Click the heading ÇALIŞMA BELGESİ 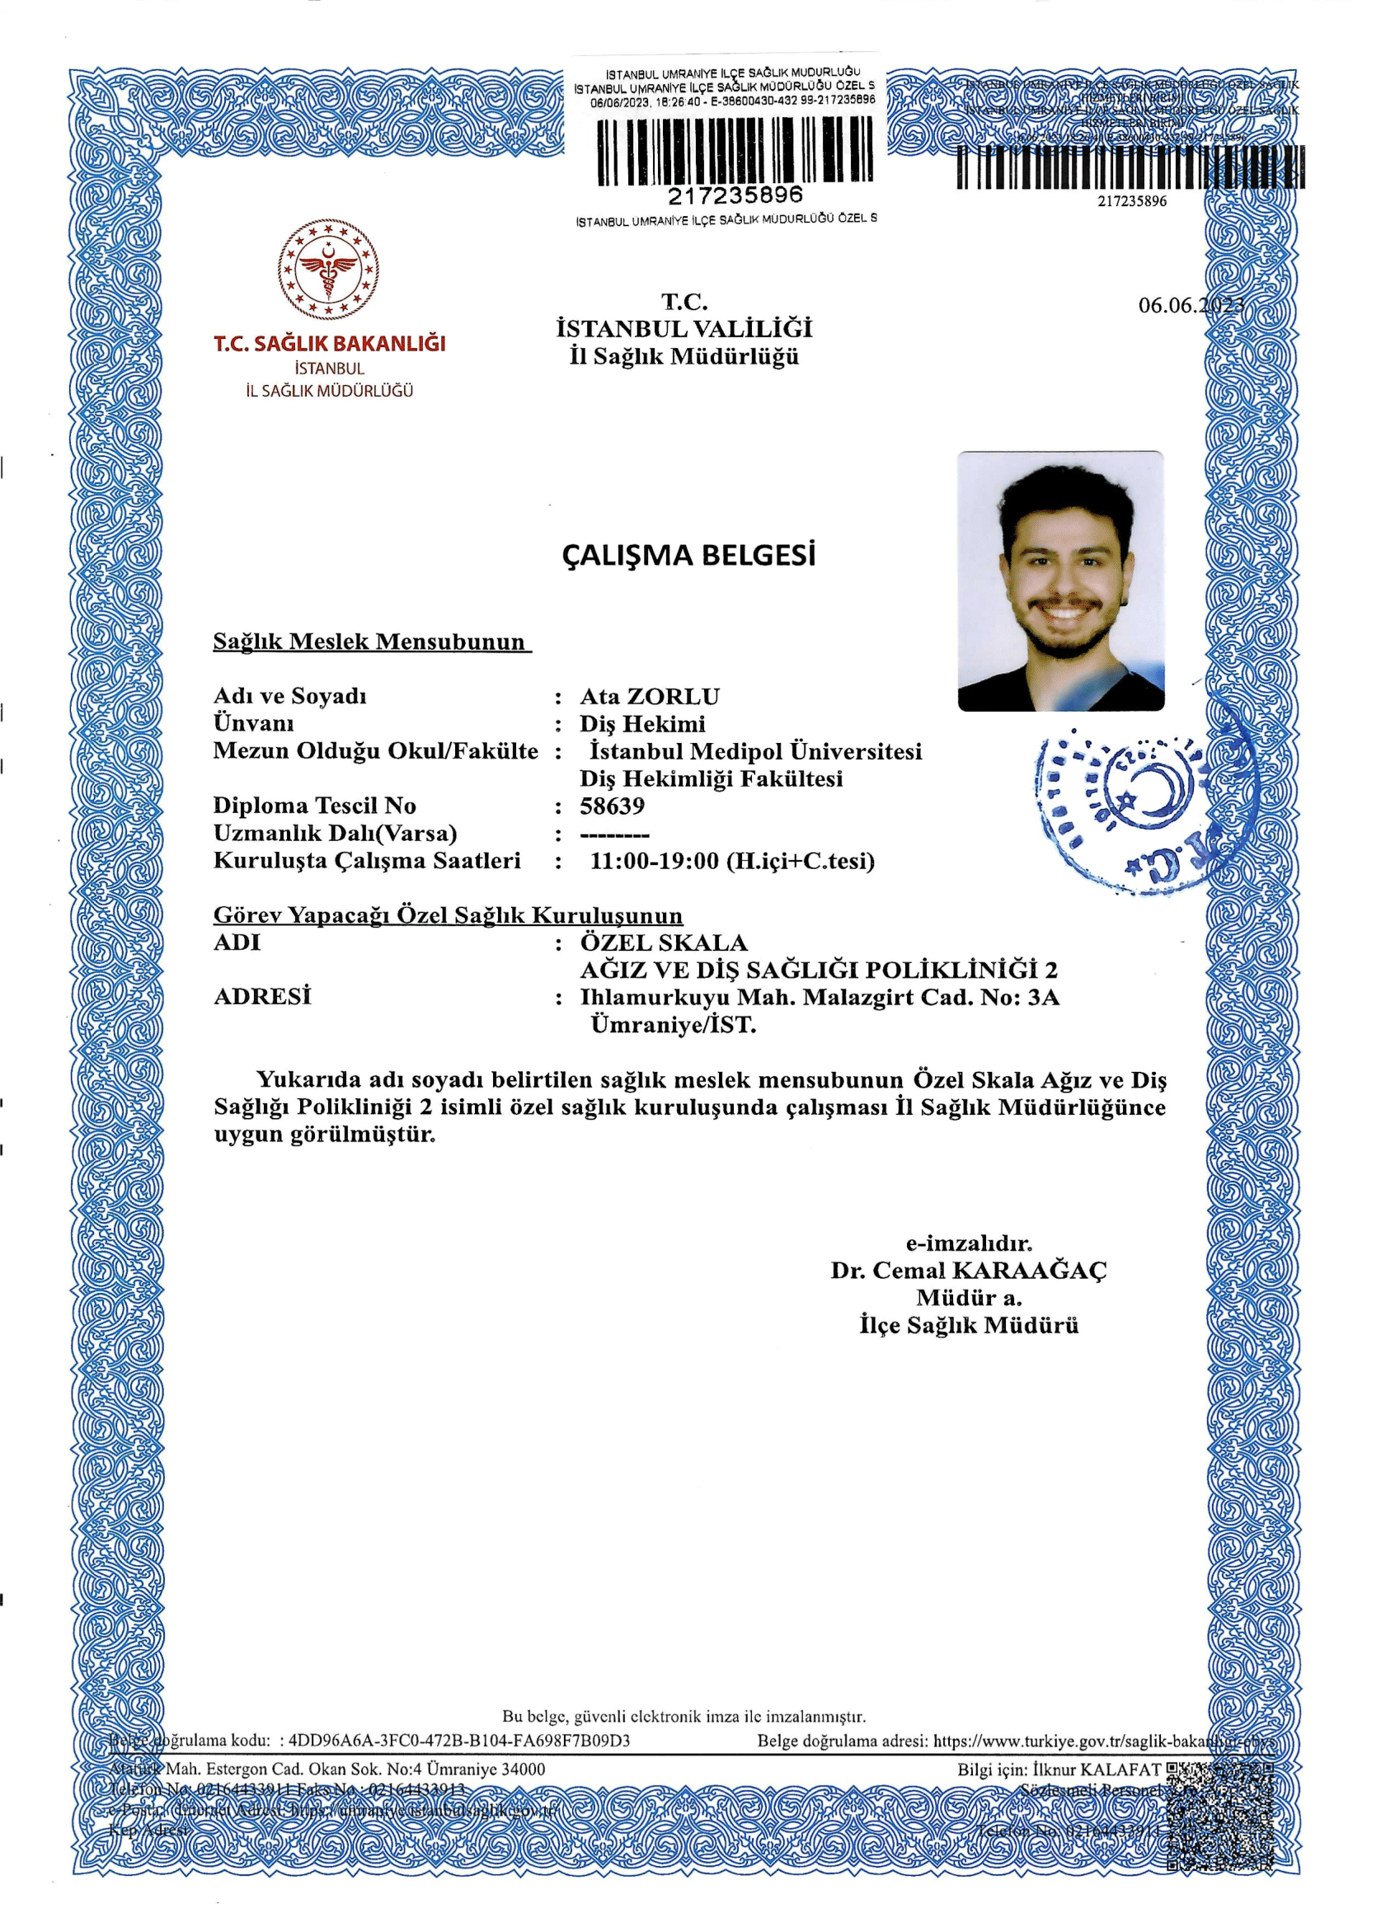point(688,556)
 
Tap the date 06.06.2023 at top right point(1191,306)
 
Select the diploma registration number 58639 point(613,806)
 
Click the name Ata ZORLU point(650,697)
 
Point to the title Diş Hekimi point(642,724)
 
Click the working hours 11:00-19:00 point(654,861)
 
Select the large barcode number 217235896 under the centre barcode point(735,196)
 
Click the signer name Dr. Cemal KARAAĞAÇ point(969,1271)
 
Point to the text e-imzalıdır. point(969,1244)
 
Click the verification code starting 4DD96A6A point(459,1740)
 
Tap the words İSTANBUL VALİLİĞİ point(684,329)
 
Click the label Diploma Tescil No point(314,806)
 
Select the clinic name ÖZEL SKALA point(664,942)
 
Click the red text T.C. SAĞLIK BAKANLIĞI point(330,344)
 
